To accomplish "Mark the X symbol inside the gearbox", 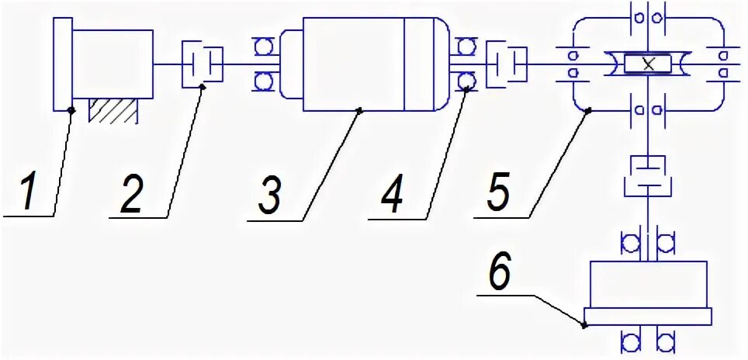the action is pyautogui.click(x=649, y=64).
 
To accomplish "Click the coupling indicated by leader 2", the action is pyautogui.click(x=203, y=64).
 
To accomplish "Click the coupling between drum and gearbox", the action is pyautogui.click(x=505, y=64).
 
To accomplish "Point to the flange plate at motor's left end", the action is pyautogui.click(x=62, y=64).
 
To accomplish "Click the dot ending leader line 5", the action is pyautogui.click(x=587, y=112).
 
